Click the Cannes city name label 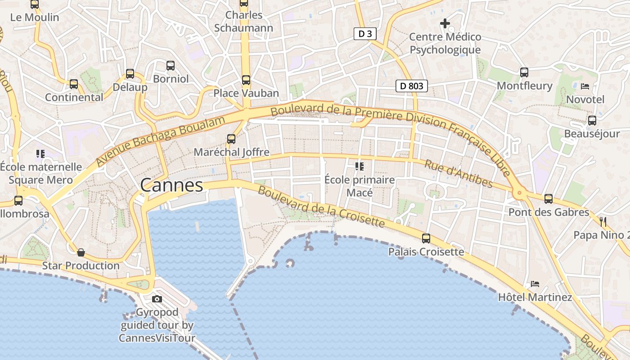tap(171, 185)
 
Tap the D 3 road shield tap(364, 34)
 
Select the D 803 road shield tap(411, 85)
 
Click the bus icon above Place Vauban tap(246, 80)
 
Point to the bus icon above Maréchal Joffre tap(231, 139)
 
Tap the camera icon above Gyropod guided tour tap(157, 299)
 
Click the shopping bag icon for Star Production tap(81, 252)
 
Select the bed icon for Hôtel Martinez tap(535, 284)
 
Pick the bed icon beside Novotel tap(585, 86)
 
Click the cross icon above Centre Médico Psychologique tap(445, 23)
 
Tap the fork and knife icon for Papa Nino tap(603, 221)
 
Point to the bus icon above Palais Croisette tap(426, 238)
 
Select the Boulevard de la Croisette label tap(321, 207)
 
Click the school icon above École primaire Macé tap(359, 166)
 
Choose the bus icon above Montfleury tap(524, 72)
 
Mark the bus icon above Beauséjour tap(592, 121)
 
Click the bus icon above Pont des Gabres tap(548, 199)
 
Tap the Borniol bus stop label tap(171, 79)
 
